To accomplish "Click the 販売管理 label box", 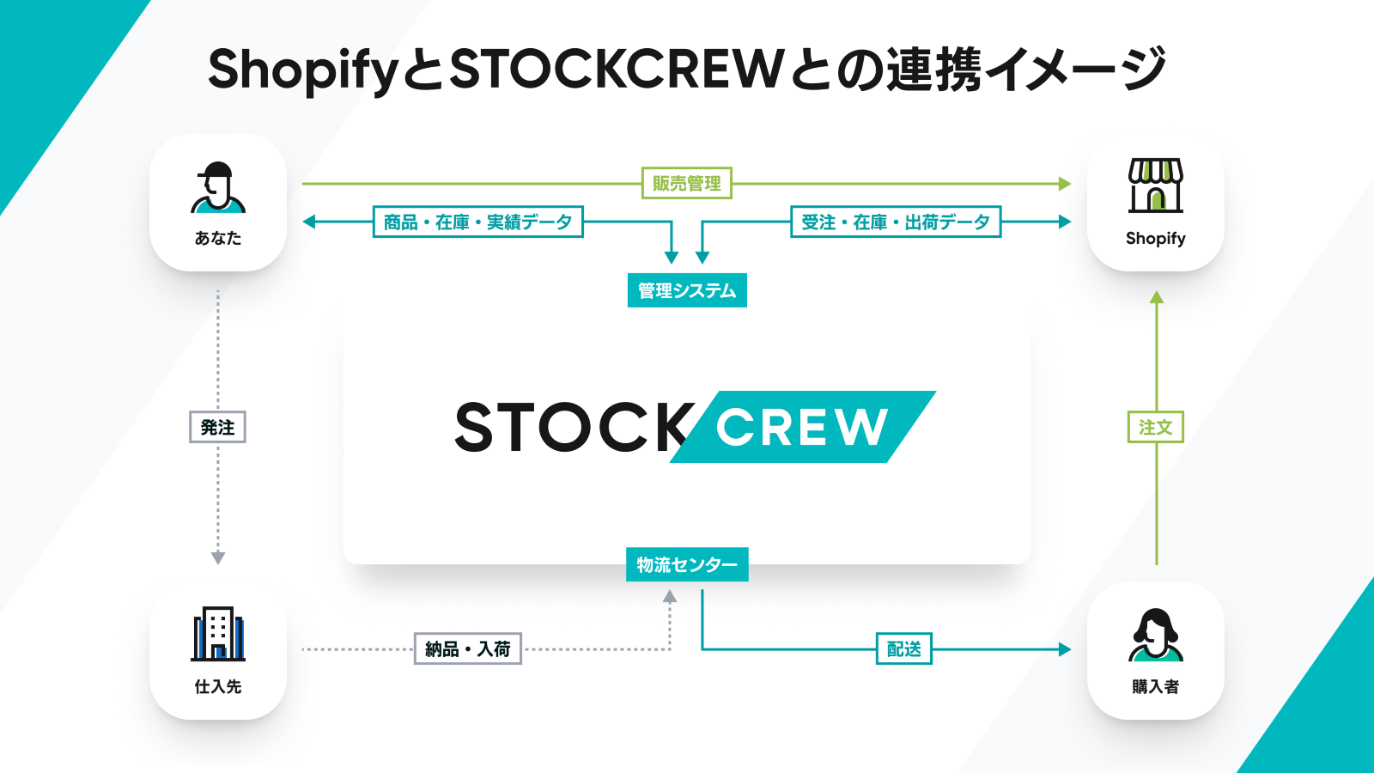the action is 686,183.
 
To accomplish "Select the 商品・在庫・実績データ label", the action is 477,222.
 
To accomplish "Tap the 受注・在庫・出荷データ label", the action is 896,222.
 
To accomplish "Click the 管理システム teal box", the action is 687,290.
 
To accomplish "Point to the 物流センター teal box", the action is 687,564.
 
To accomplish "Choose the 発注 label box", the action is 218,427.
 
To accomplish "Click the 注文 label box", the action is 1156,427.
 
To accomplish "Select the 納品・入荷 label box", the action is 467,648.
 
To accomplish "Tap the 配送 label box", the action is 904,648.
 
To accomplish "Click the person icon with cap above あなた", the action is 218,188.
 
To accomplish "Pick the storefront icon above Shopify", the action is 1156,186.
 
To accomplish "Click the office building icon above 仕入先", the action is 218,634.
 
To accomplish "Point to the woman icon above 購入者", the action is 1156,635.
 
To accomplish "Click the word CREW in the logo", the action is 802,427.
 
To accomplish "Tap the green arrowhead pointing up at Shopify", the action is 1156,297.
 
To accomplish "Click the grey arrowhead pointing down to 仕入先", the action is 218,557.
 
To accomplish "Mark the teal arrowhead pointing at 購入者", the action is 1065,649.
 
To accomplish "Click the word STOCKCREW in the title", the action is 616,69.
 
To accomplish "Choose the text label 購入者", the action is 1156,686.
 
